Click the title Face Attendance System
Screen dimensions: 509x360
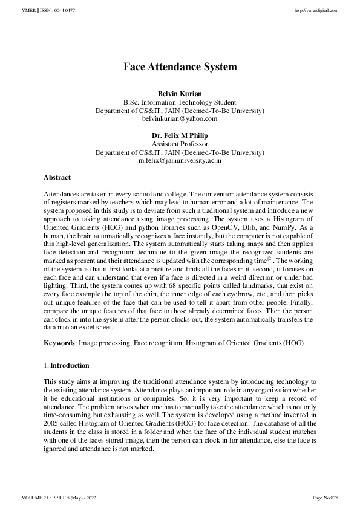[180, 66]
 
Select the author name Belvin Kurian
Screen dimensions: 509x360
[180, 94]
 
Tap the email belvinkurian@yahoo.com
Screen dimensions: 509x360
[180, 119]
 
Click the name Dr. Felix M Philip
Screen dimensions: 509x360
[180, 136]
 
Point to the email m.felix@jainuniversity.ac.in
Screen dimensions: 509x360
[180, 161]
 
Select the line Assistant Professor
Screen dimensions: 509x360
[180, 144]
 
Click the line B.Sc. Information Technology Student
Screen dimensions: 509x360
[180, 102]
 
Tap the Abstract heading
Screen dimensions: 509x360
[57, 177]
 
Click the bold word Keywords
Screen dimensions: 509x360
[58, 343]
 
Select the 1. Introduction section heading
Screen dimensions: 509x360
[66, 366]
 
